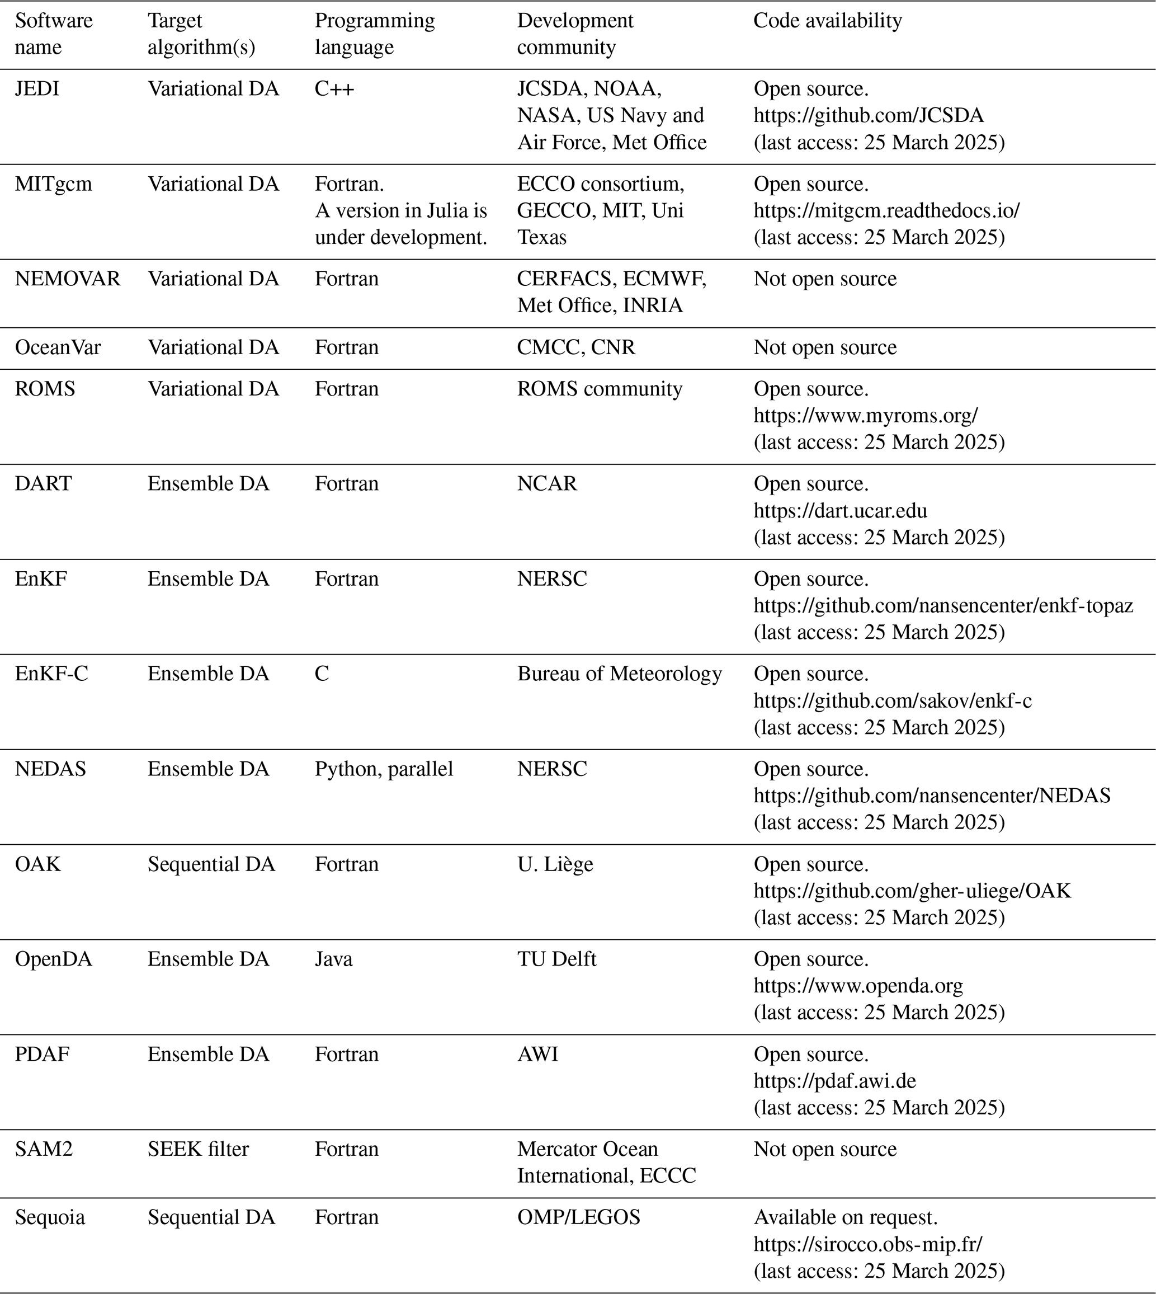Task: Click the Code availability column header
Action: click(x=827, y=21)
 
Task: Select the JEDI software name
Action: click(x=37, y=89)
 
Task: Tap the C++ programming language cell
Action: click(x=334, y=89)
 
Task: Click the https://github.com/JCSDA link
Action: click(x=869, y=116)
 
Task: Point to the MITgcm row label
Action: click(x=53, y=184)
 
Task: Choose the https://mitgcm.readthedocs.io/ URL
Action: click(x=886, y=211)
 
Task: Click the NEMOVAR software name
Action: click(x=67, y=279)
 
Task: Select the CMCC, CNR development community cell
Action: click(x=575, y=347)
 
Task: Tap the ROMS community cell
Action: click(x=599, y=389)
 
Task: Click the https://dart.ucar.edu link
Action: click(x=841, y=511)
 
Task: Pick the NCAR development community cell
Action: click(x=547, y=484)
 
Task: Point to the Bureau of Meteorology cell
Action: click(x=619, y=674)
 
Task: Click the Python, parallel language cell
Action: click(x=384, y=769)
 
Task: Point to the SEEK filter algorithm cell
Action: click(x=198, y=1149)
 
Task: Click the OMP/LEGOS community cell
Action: click(x=578, y=1217)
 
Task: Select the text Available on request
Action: click(x=846, y=1217)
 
